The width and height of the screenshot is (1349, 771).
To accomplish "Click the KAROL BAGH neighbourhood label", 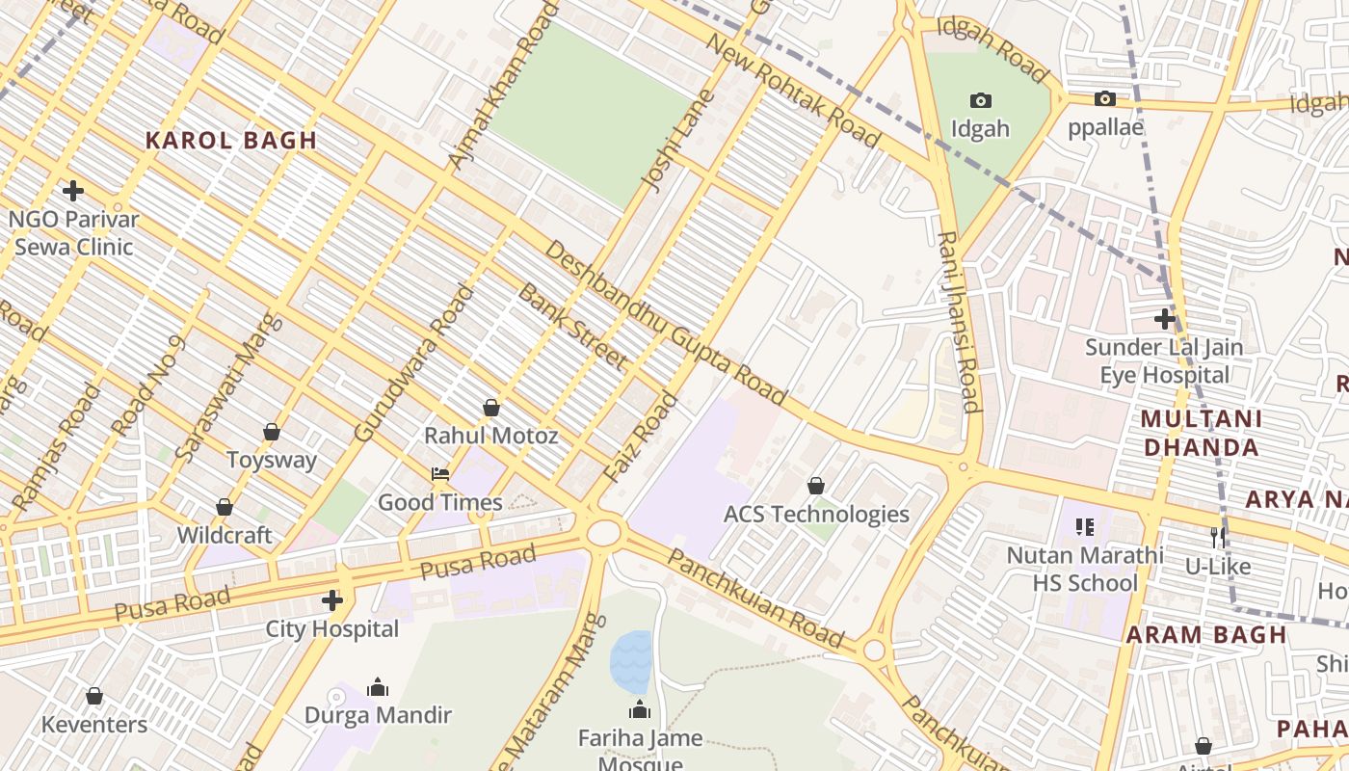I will pos(230,141).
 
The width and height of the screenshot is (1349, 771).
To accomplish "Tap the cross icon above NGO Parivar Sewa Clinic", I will pos(72,191).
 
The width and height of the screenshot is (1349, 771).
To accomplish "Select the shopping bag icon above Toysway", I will pos(272,432).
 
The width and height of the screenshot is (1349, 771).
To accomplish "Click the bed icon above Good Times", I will pos(440,474).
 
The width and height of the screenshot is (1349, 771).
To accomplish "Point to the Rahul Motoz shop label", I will pos(490,436).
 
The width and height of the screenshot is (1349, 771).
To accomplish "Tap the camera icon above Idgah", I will pos(980,100).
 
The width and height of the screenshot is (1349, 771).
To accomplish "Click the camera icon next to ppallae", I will pos(1105,98).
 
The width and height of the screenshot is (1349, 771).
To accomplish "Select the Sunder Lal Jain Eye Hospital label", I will pos(1164,360).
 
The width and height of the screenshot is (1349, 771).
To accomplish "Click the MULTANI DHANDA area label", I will pos(1201,433).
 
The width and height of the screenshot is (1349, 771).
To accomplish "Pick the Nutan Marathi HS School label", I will pos(1085,569).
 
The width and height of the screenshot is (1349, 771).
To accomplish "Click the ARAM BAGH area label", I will pos(1206,635).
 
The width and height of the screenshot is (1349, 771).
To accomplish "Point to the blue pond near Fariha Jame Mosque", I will pos(631,661).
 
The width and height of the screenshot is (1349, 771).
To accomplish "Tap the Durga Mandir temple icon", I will pos(378,687).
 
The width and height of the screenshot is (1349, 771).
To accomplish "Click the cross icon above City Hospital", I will pos(332,601).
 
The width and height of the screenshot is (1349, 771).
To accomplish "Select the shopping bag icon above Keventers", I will pos(94,696).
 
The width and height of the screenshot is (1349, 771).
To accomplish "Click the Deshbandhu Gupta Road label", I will pos(665,322).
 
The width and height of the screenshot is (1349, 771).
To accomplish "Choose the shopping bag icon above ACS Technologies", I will pos(816,486).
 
